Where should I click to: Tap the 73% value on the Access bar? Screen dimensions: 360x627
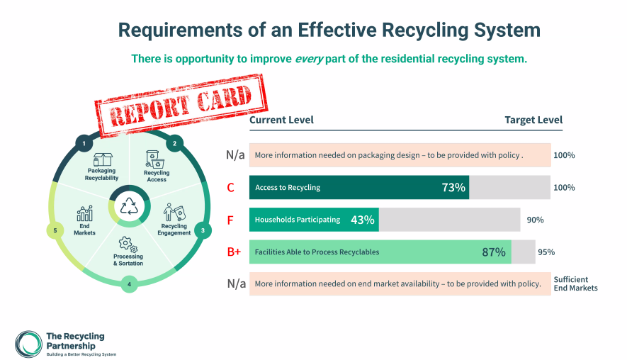click(453, 188)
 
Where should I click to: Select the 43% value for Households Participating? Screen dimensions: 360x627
click(362, 220)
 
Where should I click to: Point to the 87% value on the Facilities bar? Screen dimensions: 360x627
click(493, 252)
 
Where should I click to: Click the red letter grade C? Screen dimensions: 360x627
click(230, 188)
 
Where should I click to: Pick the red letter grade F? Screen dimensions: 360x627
click(230, 220)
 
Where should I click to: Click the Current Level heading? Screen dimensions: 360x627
click(281, 120)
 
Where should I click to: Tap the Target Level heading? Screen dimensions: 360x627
click(533, 120)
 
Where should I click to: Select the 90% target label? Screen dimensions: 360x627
click(535, 220)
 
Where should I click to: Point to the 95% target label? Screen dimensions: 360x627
click(546, 252)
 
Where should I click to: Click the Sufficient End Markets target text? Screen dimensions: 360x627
click(575, 283)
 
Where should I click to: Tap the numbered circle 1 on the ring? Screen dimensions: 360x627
click(84, 144)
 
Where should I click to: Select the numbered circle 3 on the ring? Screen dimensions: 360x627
click(203, 230)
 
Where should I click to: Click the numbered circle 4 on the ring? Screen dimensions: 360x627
click(129, 285)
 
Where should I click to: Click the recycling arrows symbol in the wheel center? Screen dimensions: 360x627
click(129, 206)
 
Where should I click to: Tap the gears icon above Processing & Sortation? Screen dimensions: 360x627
click(128, 244)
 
